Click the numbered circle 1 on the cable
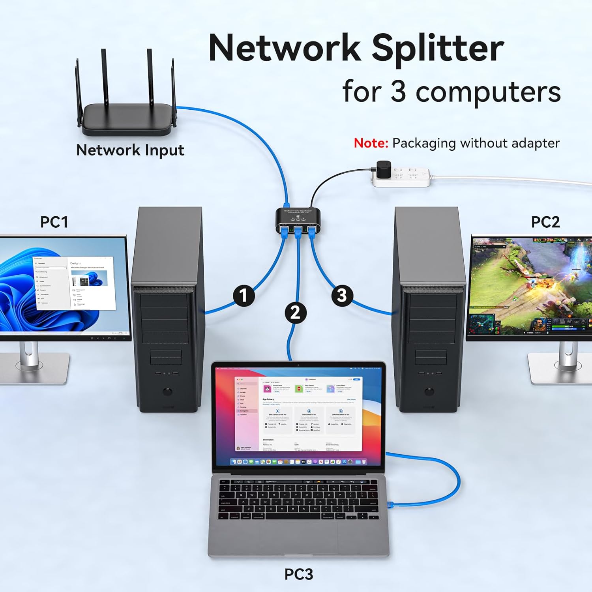click(x=244, y=296)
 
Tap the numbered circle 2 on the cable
click(x=296, y=313)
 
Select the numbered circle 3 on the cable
click(x=342, y=295)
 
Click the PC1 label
click(x=54, y=222)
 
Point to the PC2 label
click(x=545, y=222)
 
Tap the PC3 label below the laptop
click(x=299, y=574)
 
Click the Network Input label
click(x=130, y=150)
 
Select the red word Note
click(x=371, y=143)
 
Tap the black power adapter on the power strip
click(x=383, y=169)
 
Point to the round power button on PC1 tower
click(x=167, y=392)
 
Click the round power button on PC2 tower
click(x=429, y=392)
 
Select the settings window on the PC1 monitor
click(x=74, y=283)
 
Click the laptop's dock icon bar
click(x=298, y=461)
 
